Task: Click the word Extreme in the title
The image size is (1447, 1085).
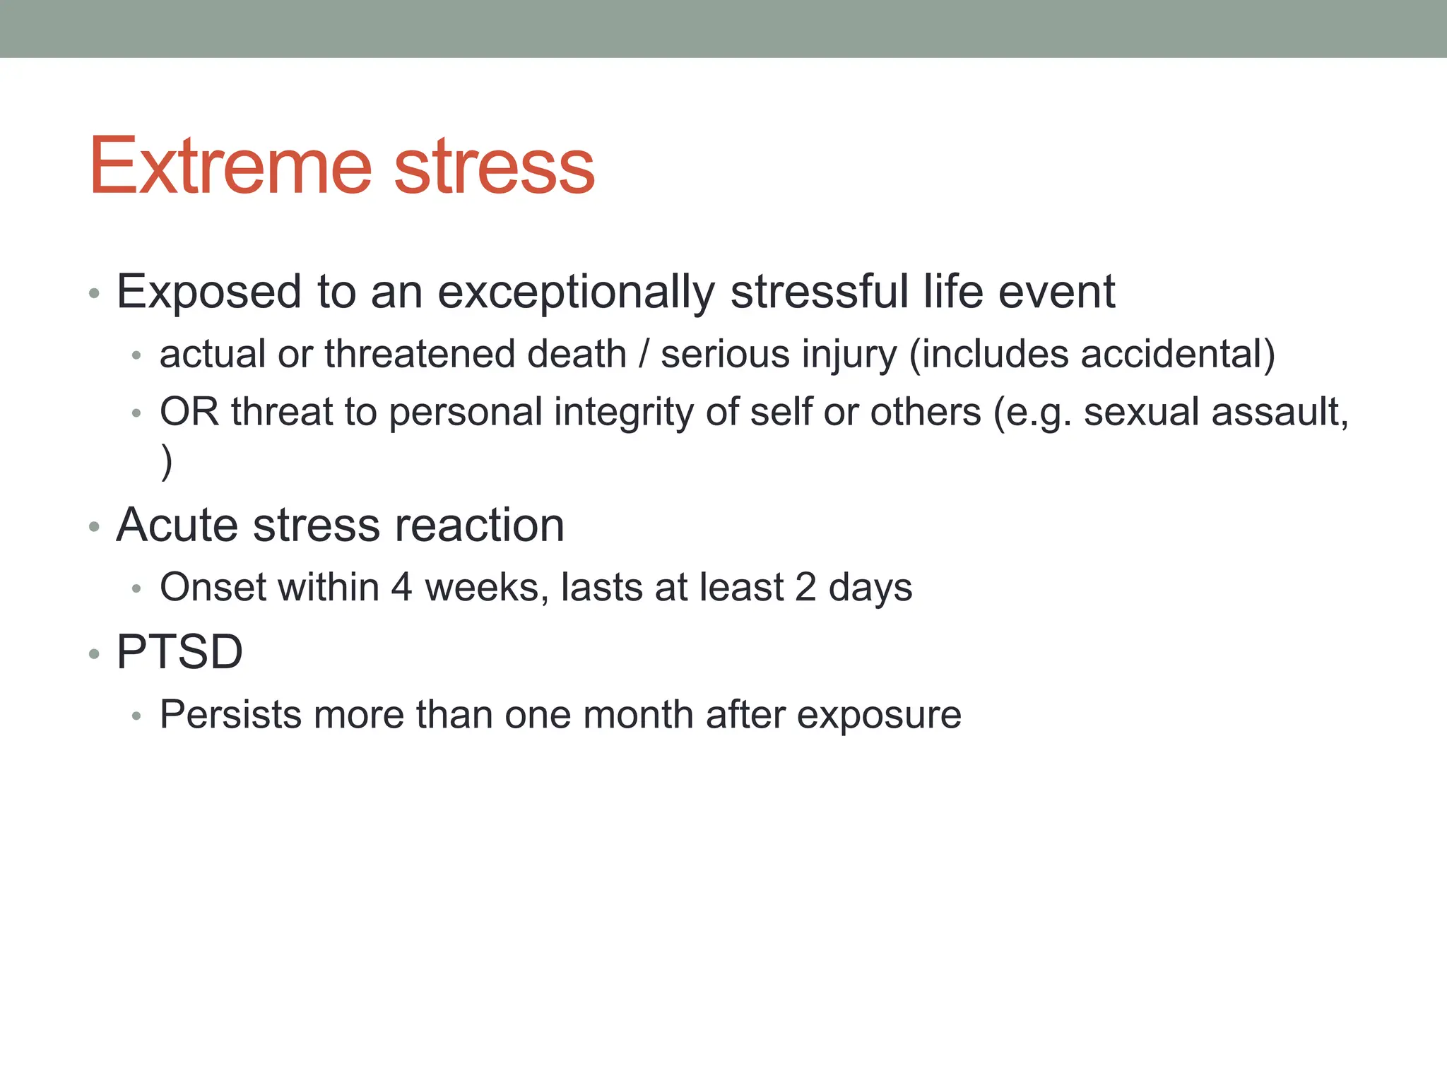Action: (230, 166)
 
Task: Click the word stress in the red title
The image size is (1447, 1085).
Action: (494, 167)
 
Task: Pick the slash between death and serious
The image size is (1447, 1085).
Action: (643, 354)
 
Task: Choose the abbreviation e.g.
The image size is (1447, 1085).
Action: (1039, 413)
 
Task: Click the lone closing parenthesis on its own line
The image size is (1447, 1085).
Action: (167, 463)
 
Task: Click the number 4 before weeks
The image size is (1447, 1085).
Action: (401, 588)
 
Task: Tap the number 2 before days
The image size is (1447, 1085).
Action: (805, 588)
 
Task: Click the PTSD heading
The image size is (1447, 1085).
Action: (179, 651)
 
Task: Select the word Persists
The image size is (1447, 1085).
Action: (230, 715)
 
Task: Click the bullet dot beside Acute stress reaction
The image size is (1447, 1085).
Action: (94, 527)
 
